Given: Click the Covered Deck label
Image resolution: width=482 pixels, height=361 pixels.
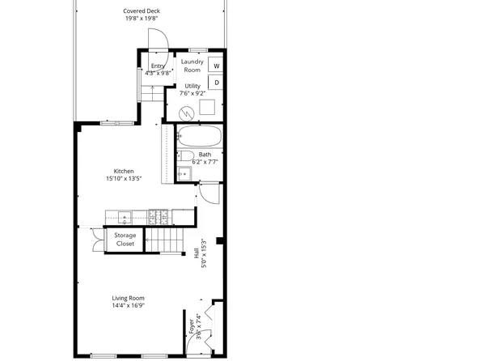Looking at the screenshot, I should point(141,11).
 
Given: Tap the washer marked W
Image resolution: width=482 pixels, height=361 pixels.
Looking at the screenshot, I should point(216,66).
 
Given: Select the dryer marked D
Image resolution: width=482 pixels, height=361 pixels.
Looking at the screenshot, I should point(216,82).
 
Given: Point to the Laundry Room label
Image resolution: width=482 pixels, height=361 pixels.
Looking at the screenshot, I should point(192,65).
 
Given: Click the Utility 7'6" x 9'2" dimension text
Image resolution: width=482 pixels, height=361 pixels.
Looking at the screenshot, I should point(192,93).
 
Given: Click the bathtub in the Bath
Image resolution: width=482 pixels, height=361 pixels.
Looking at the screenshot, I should point(199,136).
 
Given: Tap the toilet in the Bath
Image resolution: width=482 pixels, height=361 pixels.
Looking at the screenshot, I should point(185,155).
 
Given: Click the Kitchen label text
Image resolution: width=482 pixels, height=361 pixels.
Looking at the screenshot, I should point(124,172).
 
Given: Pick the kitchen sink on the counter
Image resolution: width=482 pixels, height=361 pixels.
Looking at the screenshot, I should point(124,216).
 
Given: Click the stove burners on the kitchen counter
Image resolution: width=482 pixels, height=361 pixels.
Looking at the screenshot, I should point(157,216).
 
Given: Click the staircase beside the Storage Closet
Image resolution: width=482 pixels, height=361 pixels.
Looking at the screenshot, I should point(164,239).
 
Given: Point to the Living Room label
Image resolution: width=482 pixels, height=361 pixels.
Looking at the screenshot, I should point(128,298).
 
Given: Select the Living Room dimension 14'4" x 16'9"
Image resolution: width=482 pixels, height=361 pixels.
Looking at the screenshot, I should point(128,306).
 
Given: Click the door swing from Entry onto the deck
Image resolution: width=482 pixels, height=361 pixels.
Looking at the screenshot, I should point(157,40).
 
